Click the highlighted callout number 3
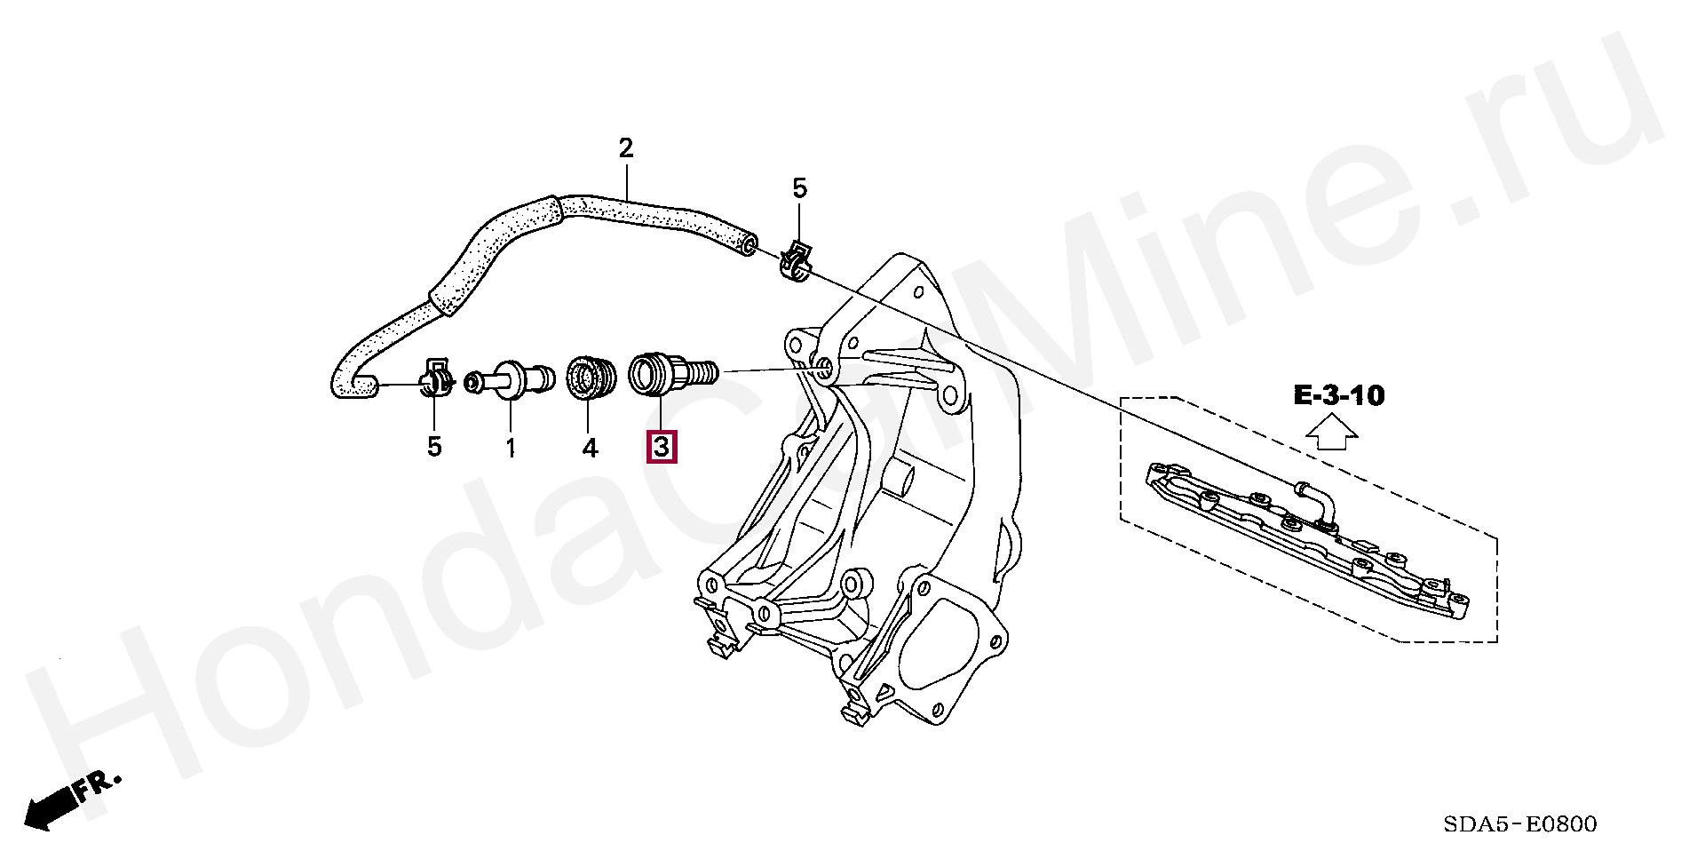662,447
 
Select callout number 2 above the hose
626,148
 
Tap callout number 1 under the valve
511,448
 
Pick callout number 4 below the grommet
590,448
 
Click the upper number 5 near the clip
799,188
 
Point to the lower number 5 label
433,447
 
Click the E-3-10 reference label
1338,395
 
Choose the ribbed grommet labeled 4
587,377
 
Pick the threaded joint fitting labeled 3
670,372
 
